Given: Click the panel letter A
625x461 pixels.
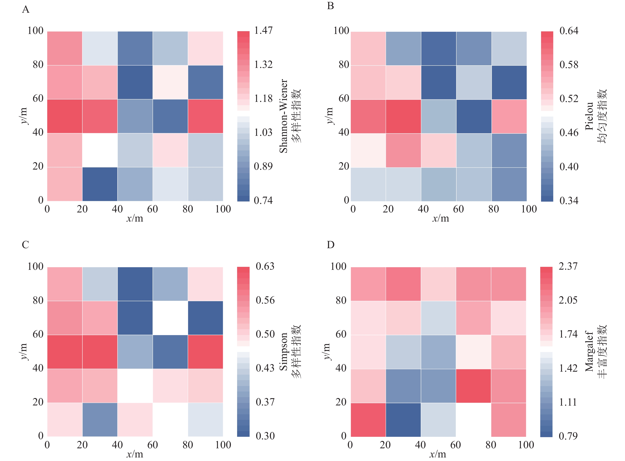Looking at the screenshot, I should (26, 10).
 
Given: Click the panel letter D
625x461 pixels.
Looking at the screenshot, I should (331, 245).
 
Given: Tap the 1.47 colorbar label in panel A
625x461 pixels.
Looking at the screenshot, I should (263, 30).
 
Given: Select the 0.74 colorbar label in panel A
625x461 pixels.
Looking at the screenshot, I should (263, 200).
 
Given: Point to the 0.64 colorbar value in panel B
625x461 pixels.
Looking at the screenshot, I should (569, 31).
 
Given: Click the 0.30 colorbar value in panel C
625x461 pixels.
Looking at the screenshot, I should (265, 436).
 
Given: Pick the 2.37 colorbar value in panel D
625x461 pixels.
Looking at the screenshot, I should (568, 266).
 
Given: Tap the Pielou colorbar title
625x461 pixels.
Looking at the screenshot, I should (589, 116).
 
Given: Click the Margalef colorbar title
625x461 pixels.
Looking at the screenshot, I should (589, 352).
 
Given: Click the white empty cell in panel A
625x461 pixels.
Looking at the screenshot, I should (100, 150).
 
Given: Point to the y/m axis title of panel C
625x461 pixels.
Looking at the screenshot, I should (24, 352).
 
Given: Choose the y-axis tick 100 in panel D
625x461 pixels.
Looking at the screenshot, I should (338, 266).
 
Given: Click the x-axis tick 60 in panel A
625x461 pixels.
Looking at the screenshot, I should (153, 209).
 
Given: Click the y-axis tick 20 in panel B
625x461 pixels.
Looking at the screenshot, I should (344, 166).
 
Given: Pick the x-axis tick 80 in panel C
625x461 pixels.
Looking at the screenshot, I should (188, 445).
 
